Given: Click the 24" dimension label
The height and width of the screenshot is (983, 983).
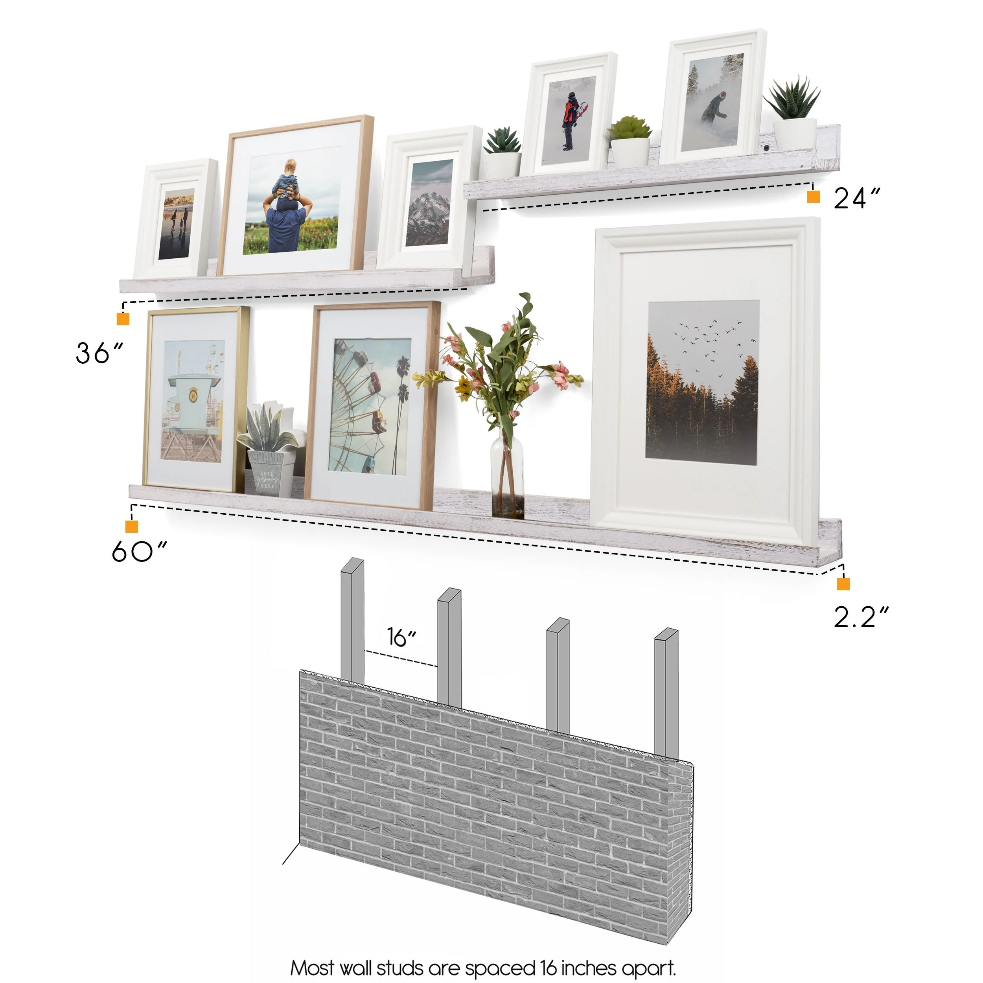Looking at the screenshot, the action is click(x=856, y=199).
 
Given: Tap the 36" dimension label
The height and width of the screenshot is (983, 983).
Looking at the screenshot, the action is click(x=99, y=353).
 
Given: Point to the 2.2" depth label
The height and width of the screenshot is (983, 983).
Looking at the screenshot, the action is click(x=861, y=617).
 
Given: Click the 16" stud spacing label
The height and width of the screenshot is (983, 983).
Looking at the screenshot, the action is click(x=401, y=637).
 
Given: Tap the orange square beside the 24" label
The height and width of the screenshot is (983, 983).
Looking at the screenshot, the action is click(x=813, y=197).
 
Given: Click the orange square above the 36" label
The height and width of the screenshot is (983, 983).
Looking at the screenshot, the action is click(x=123, y=319).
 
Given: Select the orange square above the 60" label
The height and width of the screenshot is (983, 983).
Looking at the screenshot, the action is click(x=132, y=526).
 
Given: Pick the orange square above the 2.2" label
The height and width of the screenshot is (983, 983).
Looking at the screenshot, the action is click(x=843, y=584).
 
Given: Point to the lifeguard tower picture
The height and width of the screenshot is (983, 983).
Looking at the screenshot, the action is click(x=193, y=401).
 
